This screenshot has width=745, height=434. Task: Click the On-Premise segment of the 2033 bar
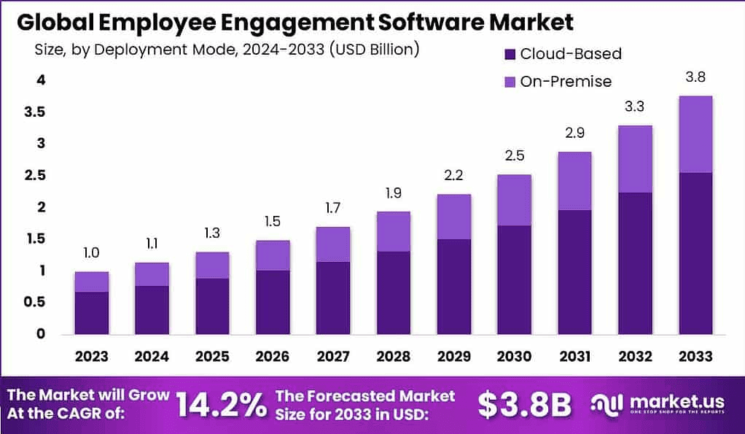pos(695,134)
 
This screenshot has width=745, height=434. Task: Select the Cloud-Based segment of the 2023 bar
pos(92,312)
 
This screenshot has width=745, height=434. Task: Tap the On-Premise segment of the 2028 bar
pos(393,231)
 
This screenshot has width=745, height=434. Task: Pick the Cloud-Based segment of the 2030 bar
pos(514,279)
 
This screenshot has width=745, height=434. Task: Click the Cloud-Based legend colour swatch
pos(510,54)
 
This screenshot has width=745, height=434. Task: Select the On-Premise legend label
pos(566,82)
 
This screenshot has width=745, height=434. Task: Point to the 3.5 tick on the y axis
pos(36,112)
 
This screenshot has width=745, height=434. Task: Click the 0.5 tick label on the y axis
pos(36,303)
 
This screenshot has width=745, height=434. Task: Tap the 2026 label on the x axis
pos(273,356)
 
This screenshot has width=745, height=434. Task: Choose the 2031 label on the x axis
pos(574,356)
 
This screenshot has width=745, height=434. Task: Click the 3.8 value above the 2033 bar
pos(695,77)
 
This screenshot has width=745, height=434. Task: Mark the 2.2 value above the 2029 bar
pos(454,175)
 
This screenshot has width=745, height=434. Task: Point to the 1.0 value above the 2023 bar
pos(92,253)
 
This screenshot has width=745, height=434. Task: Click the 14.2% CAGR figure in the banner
pos(222,405)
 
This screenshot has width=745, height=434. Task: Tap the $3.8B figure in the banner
pos(525,405)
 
